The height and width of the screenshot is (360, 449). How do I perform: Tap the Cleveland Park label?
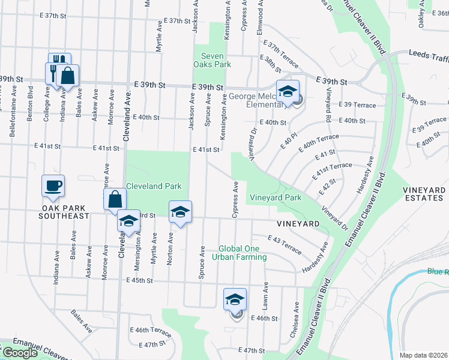152,187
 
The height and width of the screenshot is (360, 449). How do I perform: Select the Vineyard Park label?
276,197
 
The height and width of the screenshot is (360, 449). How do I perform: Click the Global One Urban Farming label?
243,253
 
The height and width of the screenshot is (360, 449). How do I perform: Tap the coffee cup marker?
53,185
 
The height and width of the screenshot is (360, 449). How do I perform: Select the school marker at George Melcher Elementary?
288,91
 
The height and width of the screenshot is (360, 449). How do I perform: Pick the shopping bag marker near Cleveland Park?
115,200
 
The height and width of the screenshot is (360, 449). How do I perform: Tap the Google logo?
19,353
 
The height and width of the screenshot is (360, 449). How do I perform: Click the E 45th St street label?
140,280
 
